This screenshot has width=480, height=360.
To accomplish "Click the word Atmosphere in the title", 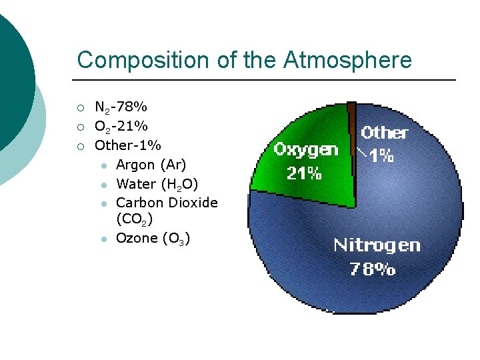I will [347, 60].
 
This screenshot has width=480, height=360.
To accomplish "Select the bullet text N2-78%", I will [121, 107].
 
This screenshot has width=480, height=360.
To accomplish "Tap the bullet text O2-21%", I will [121, 126].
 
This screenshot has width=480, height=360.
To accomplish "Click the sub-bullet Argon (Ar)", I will [151, 165].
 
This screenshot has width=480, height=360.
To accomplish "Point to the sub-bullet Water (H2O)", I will [157, 184].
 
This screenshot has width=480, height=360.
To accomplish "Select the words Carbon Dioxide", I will [167, 203].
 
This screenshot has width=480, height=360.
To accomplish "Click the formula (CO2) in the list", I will [135, 219].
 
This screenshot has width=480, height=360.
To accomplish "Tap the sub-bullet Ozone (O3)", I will [153, 238].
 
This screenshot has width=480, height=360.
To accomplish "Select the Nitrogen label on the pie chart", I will [377, 245].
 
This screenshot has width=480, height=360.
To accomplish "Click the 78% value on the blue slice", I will [373, 269].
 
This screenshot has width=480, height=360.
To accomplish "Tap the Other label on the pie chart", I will [384, 133].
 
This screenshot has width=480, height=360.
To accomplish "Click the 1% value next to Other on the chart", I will [382, 156].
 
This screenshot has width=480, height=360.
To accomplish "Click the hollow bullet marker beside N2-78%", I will [80, 107].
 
